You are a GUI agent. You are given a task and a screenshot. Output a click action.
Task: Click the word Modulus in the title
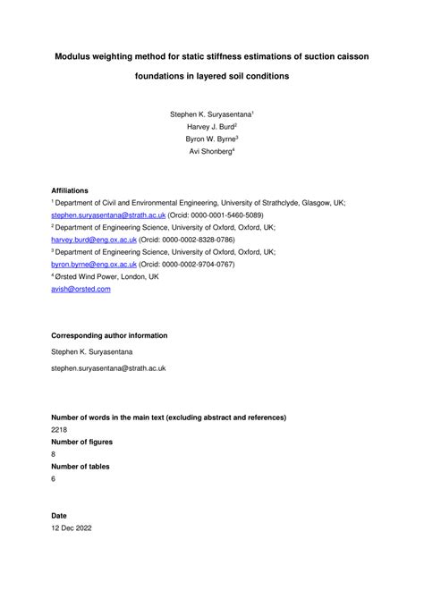(77, 56)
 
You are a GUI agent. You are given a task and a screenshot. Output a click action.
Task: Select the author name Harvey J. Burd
(211, 127)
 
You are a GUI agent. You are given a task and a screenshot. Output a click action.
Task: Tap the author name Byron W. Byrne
(211, 139)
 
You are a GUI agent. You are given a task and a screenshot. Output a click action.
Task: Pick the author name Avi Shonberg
(211, 152)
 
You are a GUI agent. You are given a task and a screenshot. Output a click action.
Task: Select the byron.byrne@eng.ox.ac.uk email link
(87, 265)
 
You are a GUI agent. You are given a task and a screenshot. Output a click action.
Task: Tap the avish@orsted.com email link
(81, 289)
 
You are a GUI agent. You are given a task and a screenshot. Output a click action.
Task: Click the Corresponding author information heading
(108, 335)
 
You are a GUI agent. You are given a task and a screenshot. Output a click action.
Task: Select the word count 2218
(60, 429)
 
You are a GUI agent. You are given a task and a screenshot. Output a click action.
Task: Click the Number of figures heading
(88, 442)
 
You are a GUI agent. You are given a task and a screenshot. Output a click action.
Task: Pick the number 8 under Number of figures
(54, 454)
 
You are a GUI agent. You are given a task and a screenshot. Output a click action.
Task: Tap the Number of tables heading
(85, 467)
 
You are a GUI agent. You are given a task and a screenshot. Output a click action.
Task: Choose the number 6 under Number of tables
(54, 479)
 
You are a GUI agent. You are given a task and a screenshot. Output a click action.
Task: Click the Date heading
(59, 516)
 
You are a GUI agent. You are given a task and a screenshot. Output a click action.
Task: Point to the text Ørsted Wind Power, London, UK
(106, 277)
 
